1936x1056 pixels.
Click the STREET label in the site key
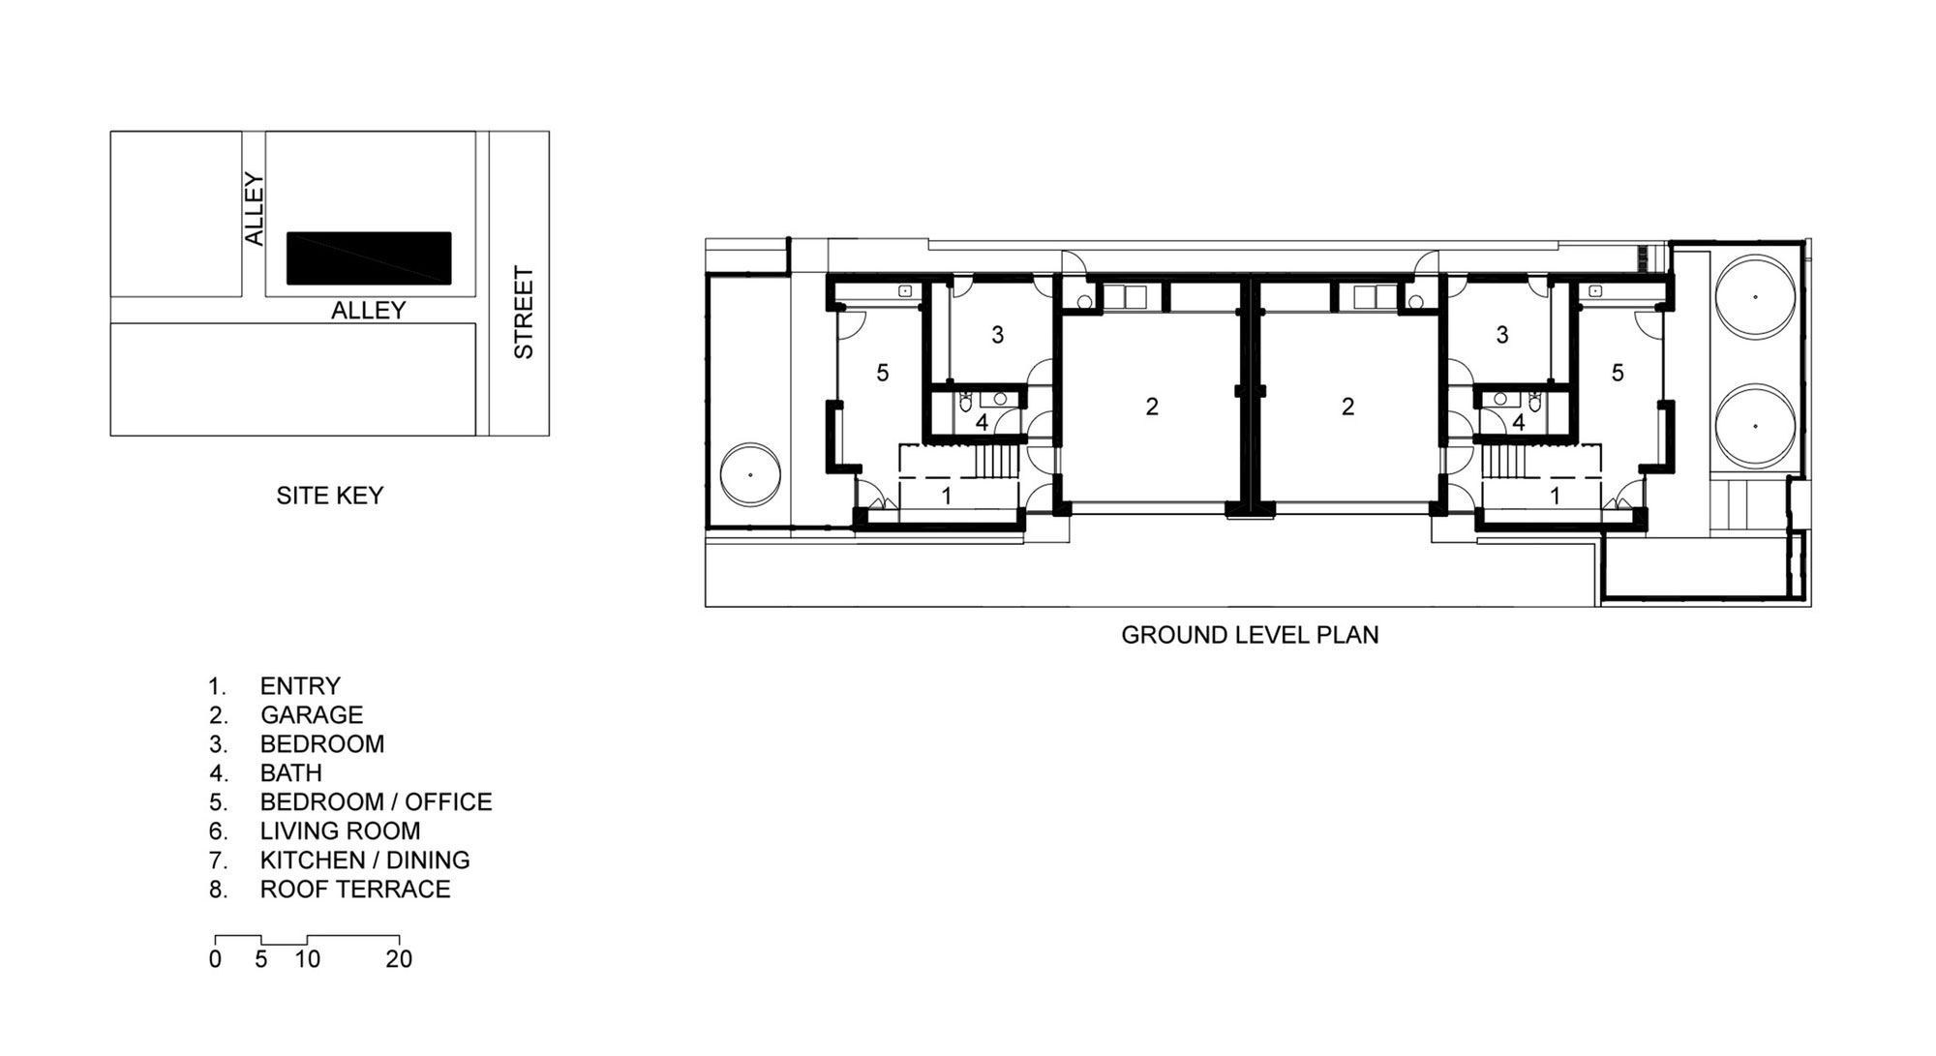click(524, 313)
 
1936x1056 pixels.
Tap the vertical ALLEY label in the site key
click(254, 209)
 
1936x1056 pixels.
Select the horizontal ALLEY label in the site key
click(369, 310)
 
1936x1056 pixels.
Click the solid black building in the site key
click(369, 257)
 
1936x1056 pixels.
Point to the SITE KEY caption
click(330, 496)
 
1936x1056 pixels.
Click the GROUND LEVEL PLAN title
click(1250, 635)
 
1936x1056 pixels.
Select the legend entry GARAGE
click(312, 715)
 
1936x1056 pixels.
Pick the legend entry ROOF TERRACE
click(355, 890)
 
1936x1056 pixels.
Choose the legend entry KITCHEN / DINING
click(365, 860)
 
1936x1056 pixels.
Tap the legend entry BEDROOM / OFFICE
click(377, 802)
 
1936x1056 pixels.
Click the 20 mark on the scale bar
click(399, 959)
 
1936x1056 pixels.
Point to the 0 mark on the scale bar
click(215, 959)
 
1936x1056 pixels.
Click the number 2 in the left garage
click(1152, 407)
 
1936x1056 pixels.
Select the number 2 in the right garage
click(1348, 407)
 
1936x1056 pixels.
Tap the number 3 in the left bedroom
click(997, 335)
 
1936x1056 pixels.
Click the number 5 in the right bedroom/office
click(1618, 373)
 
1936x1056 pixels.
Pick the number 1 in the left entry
click(947, 496)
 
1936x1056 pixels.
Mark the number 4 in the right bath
click(1518, 423)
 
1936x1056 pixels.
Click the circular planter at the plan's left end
click(751, 474)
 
